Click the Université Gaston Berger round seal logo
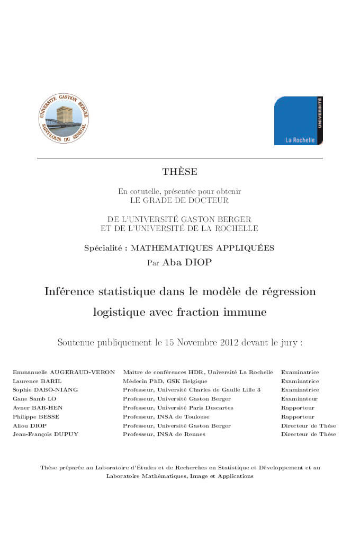[64, 118]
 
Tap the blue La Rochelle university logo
[299, 121]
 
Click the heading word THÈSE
[180, 172]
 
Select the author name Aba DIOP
[187, 262]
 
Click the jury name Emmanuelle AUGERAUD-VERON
[64, 372]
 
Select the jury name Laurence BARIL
[31, 381]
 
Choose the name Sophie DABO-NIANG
[45, 390]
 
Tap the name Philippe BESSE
[36, 417]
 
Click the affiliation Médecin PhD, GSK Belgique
[165, 381]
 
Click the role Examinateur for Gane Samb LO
[299, 399]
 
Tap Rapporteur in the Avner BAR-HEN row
[298, 408]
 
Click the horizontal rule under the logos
[180, 158]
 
